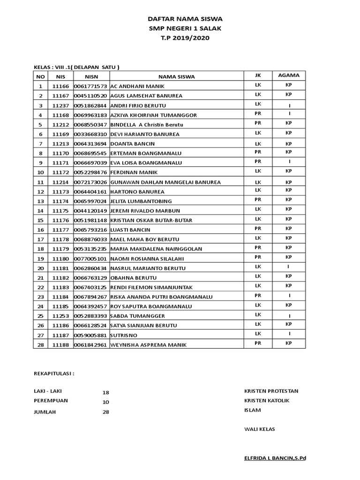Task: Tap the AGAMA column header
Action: tap(289, 75)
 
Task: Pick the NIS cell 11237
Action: tap(60, 105)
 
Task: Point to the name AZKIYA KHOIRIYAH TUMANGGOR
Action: tap(153, 115)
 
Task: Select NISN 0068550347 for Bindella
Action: tap(91, 125)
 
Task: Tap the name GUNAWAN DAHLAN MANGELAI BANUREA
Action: tap(165, 182)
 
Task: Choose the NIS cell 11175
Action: tap(60, 211)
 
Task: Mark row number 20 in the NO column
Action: tap(41, 268)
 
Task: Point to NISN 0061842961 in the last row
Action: tap(91, 345)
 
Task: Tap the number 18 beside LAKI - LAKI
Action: tap(105, 392)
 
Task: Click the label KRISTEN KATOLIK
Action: tap(267, 400)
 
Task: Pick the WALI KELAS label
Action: tap(259, 429)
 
